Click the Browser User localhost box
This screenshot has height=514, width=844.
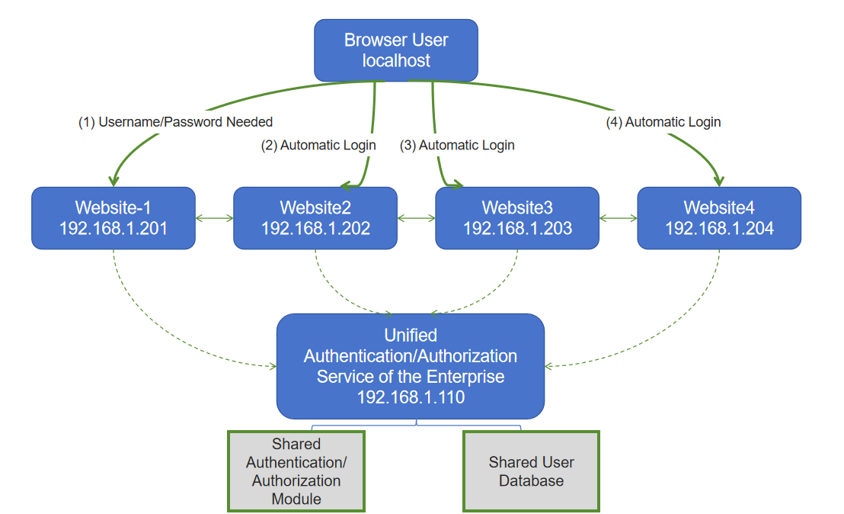coord(396,50)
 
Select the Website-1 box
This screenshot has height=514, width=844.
coord(113,218)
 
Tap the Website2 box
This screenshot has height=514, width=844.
coord(315,218)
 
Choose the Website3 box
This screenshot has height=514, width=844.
coord(517,218)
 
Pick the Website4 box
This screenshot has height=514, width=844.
coord(719,218)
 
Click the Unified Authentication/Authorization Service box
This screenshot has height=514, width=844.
coord(410,366)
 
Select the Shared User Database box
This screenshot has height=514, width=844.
coord(531,471)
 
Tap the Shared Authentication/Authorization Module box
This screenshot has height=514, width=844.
coord(296,471)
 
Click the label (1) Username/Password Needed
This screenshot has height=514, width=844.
coord(175,122)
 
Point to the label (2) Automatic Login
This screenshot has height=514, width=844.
coord(318,145)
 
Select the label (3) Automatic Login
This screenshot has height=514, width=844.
coord(457,145)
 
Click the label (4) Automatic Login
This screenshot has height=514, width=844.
coord(663,122)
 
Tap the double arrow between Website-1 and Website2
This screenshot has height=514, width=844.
coord(214,219)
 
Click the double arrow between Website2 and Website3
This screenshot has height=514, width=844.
coord(416,219)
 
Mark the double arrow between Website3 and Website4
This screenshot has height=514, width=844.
coord(618,219)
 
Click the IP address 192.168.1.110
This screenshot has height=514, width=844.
coord(411,397)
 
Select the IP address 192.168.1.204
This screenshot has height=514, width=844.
coord(719,228)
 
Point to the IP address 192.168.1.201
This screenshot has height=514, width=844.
coord(113,228)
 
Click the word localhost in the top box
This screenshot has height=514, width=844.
coord(396,61)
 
